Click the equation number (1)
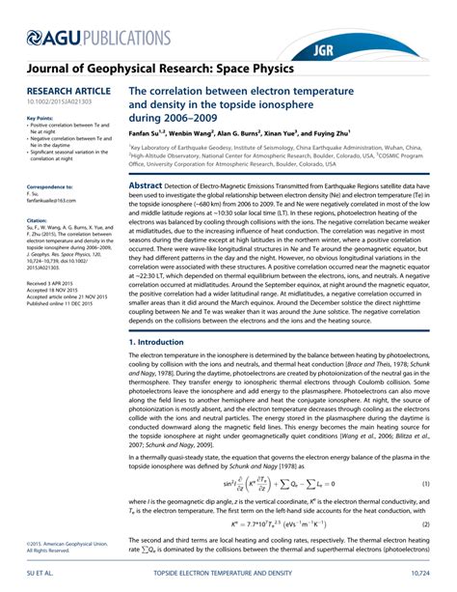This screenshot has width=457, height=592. (425, 483)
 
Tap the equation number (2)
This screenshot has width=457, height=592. (425, 523)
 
